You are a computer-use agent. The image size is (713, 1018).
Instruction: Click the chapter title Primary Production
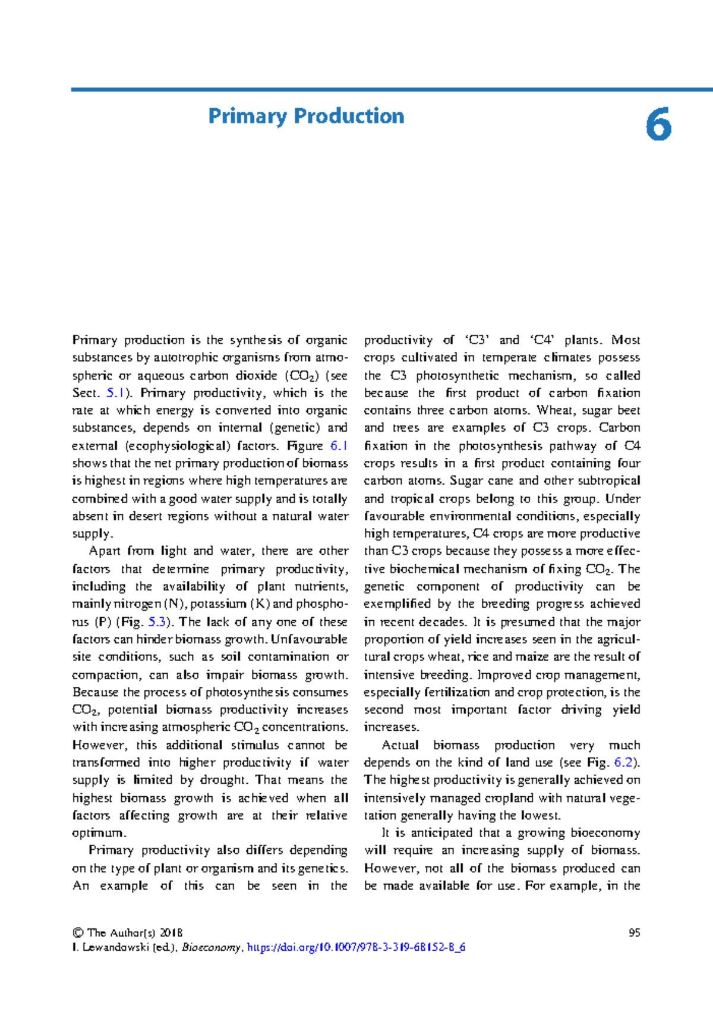pos(306,116)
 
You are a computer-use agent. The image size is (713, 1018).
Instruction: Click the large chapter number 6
pos(658,125)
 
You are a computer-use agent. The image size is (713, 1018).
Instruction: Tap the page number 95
pos(634,932)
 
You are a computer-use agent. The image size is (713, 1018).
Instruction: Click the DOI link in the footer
pos(356,947)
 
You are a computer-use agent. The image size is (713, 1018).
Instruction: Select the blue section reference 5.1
pos(115,393)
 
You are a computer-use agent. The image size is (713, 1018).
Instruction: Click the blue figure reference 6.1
pos(338,445)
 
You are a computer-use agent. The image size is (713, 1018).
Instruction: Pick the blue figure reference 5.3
pos(157,622)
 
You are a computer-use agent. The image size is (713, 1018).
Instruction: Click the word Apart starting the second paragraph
pos(104,551)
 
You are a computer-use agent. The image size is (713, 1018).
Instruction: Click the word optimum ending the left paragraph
pos(98,833)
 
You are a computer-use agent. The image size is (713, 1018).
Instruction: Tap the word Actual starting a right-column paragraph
pos(400,745)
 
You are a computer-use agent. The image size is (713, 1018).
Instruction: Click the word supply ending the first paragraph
pos(90,534)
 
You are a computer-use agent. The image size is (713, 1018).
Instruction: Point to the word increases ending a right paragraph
pos(391,727)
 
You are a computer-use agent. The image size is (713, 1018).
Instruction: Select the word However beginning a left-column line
pos(98,745)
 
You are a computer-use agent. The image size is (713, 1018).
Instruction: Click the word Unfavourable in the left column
pos(309,639)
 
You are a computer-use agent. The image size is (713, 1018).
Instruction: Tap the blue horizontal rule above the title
pos(392,90)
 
